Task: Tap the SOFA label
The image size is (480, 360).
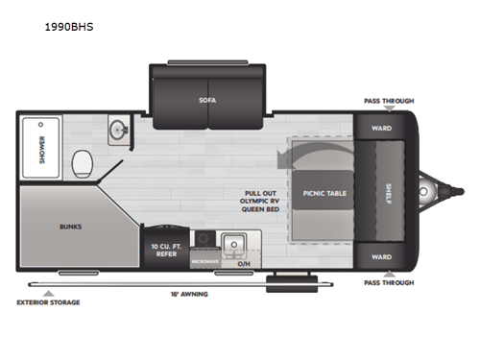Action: click(x=207, y=100)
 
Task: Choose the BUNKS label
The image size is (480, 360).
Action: click(x=70, y=227)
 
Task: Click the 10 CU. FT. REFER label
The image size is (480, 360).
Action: click(x=161, y=250)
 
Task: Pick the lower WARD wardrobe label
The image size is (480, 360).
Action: click(x=381, y=256)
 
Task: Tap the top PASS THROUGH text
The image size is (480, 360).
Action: click(x=388, y=99)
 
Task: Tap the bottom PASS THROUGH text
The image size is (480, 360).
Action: click(x=388, y=283)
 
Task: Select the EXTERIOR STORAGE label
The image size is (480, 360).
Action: click(x=47, y=302)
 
